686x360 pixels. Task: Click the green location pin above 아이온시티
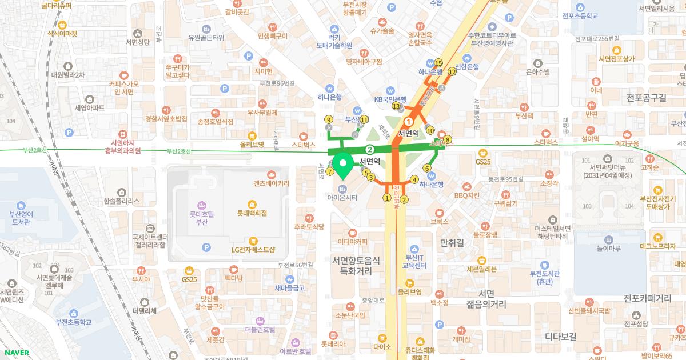343,166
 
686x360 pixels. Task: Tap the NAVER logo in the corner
15,352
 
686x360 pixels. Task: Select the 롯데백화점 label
252,213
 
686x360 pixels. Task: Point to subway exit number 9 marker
328,119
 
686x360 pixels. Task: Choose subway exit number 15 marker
438,63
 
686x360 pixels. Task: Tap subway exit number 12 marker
452,71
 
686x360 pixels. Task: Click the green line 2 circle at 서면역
370,150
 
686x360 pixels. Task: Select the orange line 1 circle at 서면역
409,122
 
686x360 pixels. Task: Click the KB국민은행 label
390,99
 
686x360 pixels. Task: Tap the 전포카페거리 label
647,298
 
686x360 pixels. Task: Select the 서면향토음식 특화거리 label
356,265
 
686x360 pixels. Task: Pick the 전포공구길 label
646,98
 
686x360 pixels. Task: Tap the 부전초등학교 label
73,322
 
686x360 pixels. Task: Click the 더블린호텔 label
260,329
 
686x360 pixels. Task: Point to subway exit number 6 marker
426,168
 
